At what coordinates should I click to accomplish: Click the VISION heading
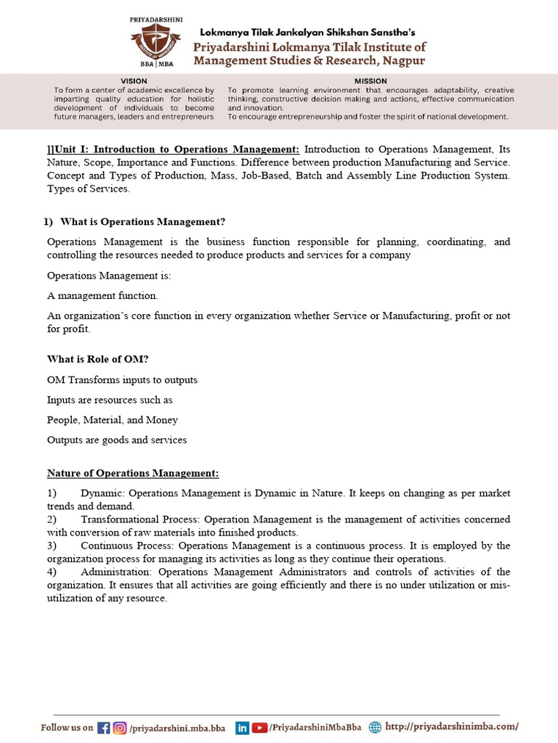133,81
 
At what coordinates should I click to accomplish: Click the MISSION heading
371,81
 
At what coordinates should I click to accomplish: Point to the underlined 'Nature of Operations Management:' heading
133,474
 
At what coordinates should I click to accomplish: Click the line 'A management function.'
102,296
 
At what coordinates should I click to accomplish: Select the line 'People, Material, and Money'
113,420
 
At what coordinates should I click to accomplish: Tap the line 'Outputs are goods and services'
117,440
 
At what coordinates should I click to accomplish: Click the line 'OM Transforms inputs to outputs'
122,380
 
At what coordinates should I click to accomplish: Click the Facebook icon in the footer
103,728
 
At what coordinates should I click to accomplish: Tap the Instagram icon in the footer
119,728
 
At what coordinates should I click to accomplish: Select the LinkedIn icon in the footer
242,728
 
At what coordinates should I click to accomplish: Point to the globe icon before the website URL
375,728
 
